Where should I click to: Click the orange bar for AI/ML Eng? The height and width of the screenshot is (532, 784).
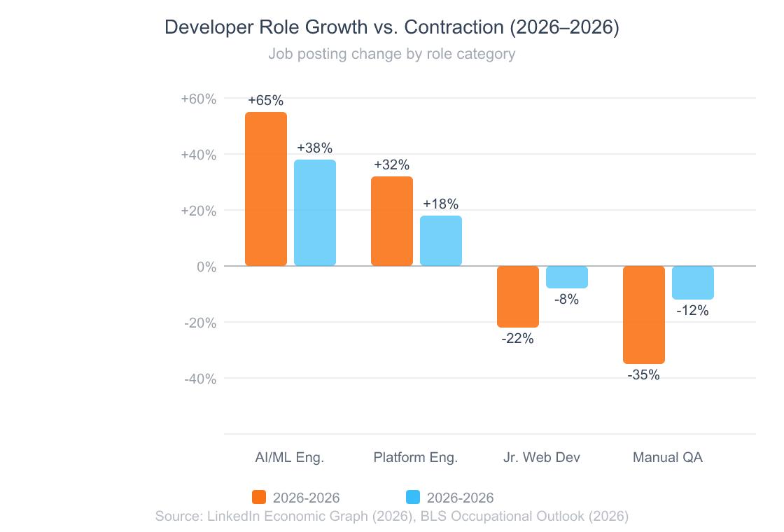[266, 189]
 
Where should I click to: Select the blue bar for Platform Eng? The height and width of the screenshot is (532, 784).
[441, 241]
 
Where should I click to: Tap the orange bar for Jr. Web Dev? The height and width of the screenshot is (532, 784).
[518, 297]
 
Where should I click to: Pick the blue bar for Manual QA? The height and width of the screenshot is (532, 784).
[693, 283]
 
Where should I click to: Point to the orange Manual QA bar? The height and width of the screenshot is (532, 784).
[644, 315]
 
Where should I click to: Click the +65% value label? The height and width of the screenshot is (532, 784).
[265, 100]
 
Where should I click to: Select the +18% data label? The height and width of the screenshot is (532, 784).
[441, 204]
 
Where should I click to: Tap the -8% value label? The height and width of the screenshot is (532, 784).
[566, 300]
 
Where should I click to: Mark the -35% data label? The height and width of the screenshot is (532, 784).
[643, 375]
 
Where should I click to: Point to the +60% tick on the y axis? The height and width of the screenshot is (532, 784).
[199, 99]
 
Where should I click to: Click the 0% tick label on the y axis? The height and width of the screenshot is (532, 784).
[205, 267]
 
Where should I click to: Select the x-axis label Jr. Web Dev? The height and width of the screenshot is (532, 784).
[542, 458]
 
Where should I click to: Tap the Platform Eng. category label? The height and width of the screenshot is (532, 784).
[416, 458]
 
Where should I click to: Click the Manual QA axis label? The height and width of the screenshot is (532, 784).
[668, 458]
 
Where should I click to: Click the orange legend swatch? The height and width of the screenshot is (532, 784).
[259, 498]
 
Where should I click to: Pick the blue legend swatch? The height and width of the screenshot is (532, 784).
[413, 498]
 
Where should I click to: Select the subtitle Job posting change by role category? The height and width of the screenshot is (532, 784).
[392, 54]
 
